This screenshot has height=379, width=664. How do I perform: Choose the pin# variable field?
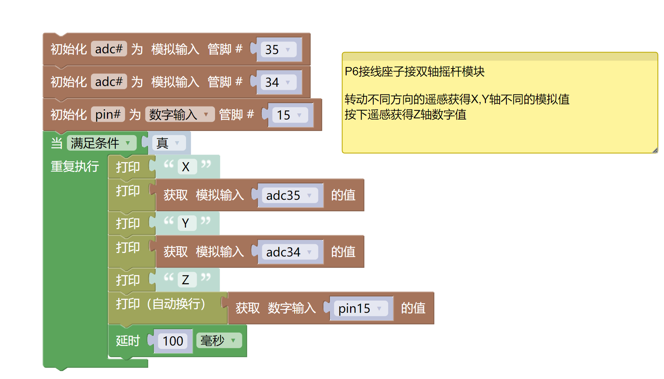click(108, 114)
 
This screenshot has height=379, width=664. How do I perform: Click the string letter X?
click(186, 167)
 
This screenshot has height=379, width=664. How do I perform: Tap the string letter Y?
click(186, 223)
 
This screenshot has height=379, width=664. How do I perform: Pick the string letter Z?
click(186, 280)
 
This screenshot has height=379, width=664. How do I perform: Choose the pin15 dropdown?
click(360, 308)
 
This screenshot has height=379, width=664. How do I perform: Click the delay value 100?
click(173, 341)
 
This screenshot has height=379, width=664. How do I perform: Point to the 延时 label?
click(128, 341)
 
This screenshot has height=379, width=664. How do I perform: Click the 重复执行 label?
click(75, 166)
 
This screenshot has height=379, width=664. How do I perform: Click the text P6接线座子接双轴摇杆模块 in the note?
click(414, 72)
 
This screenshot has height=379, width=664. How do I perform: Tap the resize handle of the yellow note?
click(654, 150)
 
